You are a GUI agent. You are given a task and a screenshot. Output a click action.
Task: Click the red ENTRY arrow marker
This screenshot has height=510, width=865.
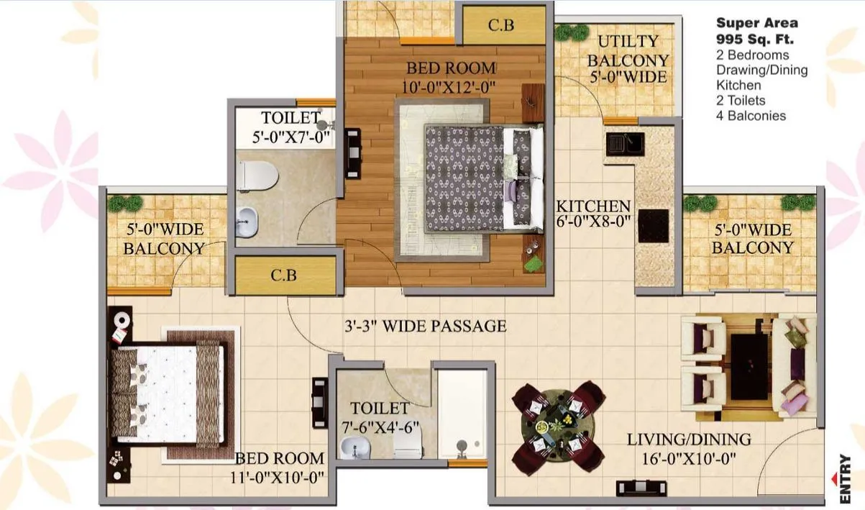click(x=834, y=476)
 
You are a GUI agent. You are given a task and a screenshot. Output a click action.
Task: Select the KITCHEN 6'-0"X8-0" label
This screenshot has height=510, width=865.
click(x=593, y=214)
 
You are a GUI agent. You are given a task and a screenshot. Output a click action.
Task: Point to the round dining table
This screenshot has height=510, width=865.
click(x=558, y=427)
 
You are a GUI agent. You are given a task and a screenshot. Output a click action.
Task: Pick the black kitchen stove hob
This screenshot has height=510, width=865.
click(x=654, y=226)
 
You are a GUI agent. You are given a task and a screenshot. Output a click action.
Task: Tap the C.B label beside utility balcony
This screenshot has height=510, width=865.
click(x=501, y=25)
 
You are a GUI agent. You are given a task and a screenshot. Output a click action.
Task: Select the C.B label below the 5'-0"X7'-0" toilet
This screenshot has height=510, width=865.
click(x=285, y=275)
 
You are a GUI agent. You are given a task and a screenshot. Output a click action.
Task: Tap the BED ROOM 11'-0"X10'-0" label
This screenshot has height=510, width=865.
click(x=280, y=467)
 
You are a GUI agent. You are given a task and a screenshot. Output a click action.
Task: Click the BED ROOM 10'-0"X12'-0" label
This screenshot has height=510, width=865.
click(x=451, y=77)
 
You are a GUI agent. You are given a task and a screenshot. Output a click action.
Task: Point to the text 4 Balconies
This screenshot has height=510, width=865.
click(x=751, y=116)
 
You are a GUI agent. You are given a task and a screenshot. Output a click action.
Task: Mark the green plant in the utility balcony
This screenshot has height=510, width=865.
click(x=572, y=33)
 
